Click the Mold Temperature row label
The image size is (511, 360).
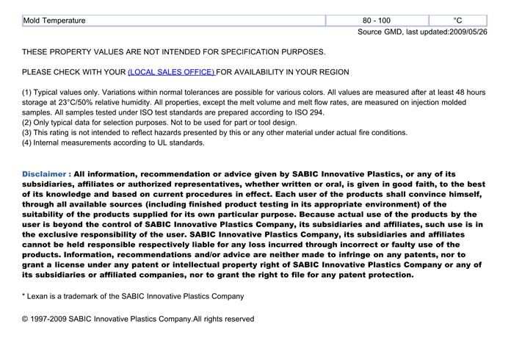click(54, 20)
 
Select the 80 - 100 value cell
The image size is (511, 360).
click(377, 20)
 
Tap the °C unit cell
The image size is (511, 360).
click(457, 20)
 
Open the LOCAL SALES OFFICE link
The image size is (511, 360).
click(171, 72)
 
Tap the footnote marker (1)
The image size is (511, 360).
click(28, 92)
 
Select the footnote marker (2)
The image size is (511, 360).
click(28, 123)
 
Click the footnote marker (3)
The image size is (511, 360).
click(28, 133)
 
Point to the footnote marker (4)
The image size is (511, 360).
click(28, 143)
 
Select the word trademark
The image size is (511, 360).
click(93, 296)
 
